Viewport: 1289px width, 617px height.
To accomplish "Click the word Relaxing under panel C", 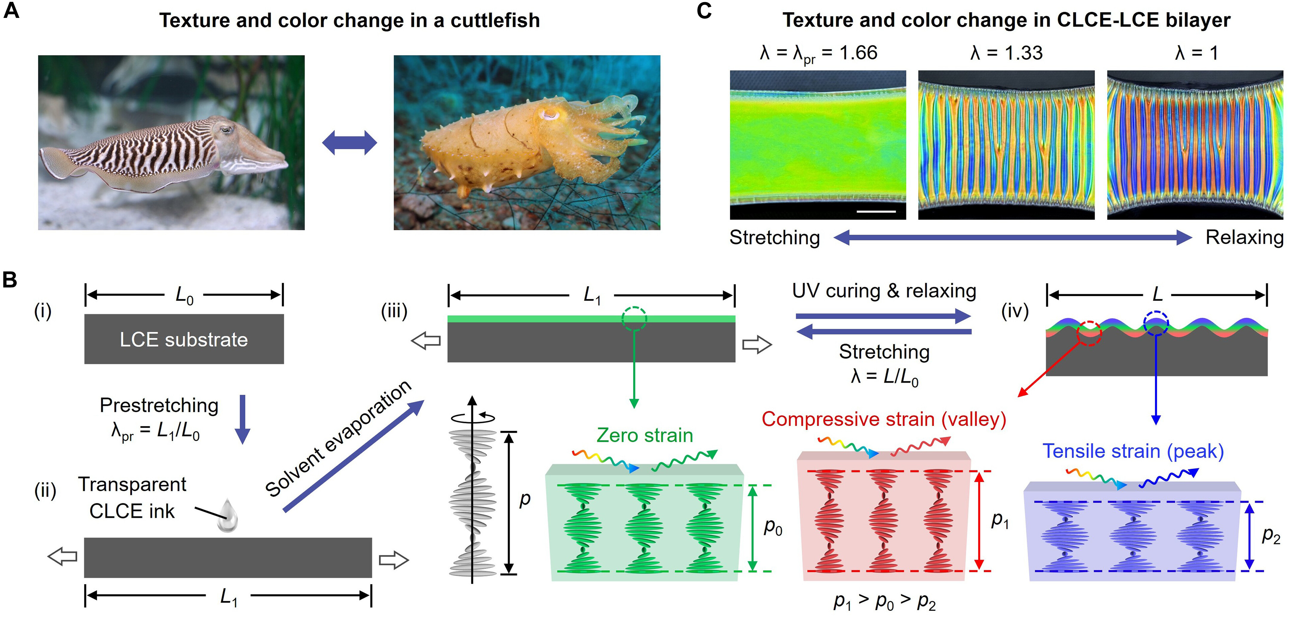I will pyautogui.click(x=1244, y=237).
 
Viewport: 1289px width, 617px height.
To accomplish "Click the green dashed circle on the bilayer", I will pyautogui.click(x=634, y=319).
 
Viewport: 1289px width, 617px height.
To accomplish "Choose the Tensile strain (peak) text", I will pyautogui.click(x=1133, y=451).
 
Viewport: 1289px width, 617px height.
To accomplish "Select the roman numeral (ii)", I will pyautogui.click(x=45, y=491).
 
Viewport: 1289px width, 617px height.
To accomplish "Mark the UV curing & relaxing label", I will pyautogui.click(x=884, y=291).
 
